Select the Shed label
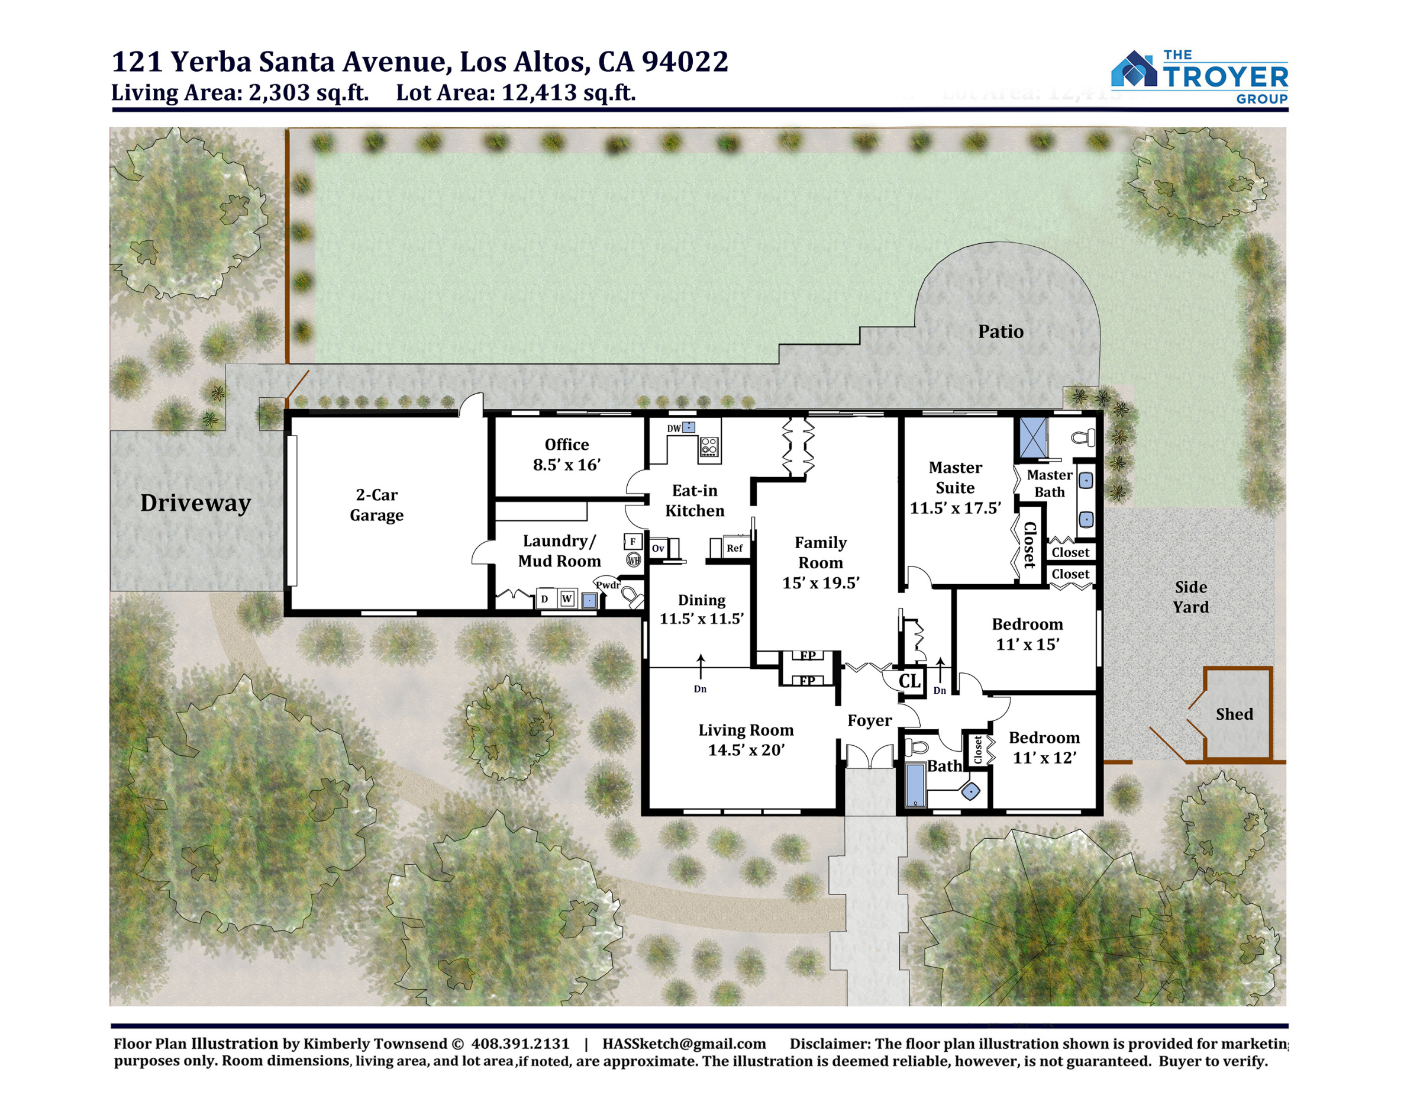[1234, 714]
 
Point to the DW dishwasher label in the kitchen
[673, 428]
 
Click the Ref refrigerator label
[734, 548]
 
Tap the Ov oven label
[658, 548]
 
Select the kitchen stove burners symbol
[709, 446]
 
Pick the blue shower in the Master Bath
[1032, 439]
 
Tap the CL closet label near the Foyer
[909, 681]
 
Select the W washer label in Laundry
[567, 598]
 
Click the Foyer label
[869, 720]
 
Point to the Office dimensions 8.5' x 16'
[566, 465]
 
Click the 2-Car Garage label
[376, 505]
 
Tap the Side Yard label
[1190, 597]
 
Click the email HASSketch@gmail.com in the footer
[684, 1044]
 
